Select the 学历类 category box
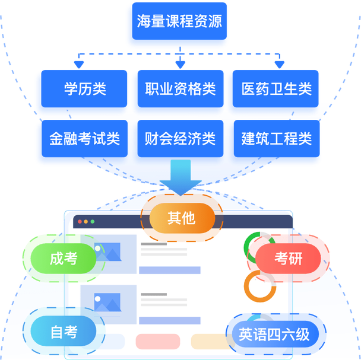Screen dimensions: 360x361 (81, 90)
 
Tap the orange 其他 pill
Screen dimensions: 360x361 (181, 219)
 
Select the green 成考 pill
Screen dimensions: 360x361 (63, 259)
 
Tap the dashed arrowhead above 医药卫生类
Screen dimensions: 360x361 (278, 63)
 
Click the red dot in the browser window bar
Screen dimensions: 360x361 (78, 222)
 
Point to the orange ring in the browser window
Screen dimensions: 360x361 (259, 285)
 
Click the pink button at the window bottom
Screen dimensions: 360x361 (157, 342)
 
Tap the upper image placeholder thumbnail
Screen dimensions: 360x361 (108, 251)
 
